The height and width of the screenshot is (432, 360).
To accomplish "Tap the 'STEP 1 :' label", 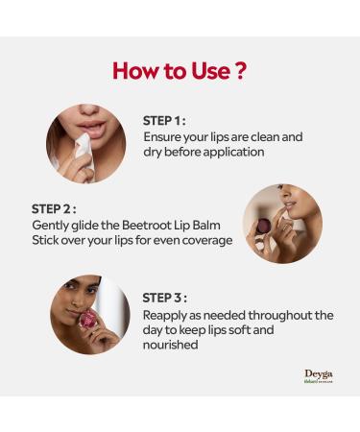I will (x=163, y=121).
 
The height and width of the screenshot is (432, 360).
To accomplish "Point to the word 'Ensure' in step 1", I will (x=164, y=136).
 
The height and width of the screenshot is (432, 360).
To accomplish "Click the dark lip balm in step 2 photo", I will (x=264, y=226).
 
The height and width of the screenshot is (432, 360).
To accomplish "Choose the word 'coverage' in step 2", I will (x=204, y=240).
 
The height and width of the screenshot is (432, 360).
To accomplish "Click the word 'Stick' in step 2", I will (x=47, y=240).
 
